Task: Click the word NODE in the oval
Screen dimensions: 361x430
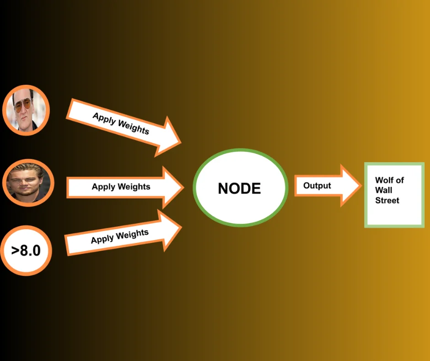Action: [x=239, y=188]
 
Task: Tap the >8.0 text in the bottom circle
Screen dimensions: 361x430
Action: [x=26, y=251]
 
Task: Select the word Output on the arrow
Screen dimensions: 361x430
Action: [x=317, y=186]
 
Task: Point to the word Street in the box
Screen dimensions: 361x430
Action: [x=387, y=200]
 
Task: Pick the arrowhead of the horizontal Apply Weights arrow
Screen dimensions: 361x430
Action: [x=176, y=187]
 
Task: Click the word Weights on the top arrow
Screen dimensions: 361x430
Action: [x=134, y=126]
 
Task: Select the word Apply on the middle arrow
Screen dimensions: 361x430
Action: [x=103, y=187]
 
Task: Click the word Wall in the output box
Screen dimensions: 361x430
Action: [x=383, y=190]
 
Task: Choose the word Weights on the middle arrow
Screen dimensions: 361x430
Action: [x=134, y=187]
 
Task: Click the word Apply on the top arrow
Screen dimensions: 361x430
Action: [x=104, y=118]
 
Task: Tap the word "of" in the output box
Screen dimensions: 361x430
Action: [x=400, y=180]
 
